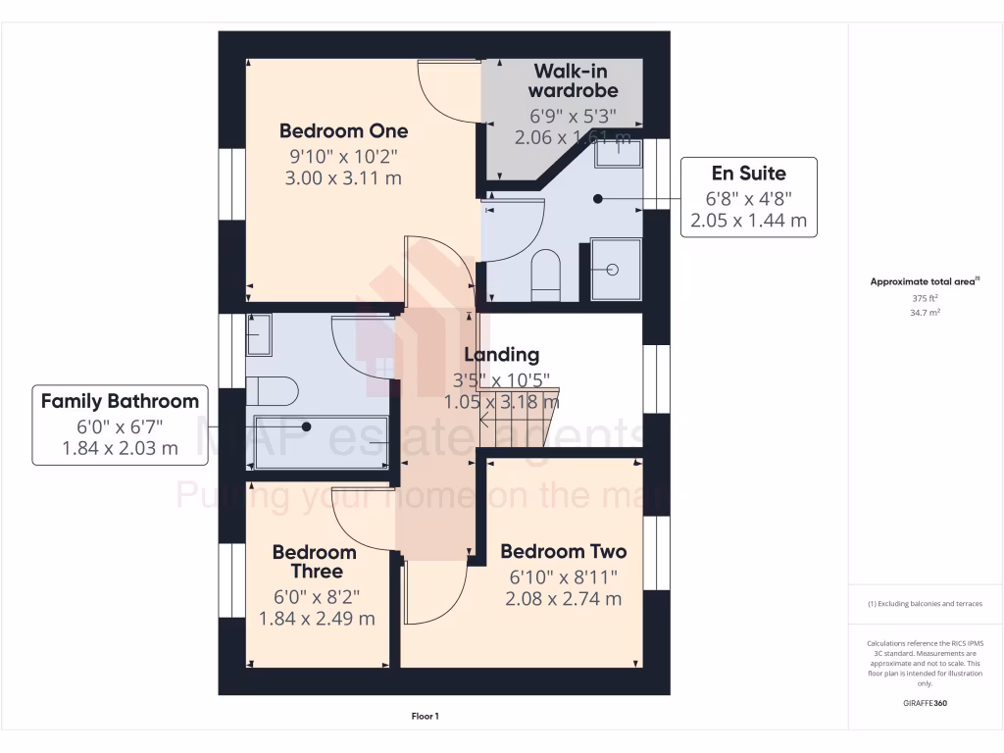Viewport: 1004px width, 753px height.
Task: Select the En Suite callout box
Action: point(748,197)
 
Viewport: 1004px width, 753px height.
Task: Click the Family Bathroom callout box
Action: point(120,425)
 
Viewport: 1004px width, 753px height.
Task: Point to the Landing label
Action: point(501,355)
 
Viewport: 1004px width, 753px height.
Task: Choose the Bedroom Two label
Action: point(563,551)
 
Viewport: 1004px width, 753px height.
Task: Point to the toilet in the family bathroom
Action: point(270,391)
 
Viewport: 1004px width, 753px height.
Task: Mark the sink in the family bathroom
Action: point(259,335)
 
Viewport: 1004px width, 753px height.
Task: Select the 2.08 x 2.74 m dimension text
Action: point(563,599)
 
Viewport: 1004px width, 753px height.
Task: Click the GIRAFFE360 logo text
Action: point(926,703)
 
